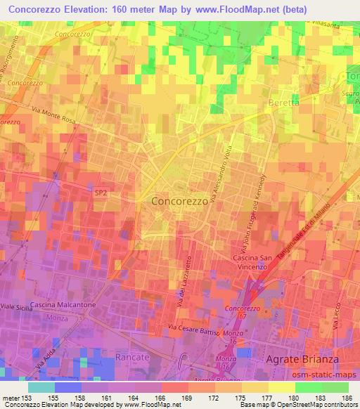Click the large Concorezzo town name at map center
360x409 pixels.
[x=180, y=200]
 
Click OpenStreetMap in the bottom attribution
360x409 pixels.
[x=296, y=405]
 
